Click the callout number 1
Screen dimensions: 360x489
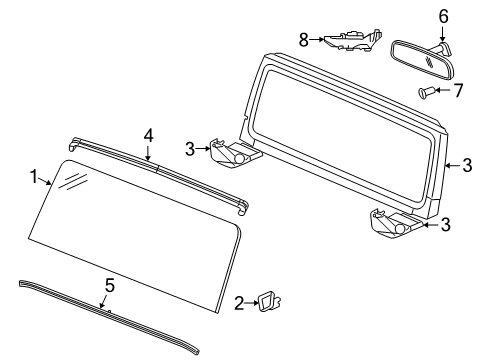pyautogui.click(x=34, y=177)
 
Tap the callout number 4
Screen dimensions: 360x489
pyautogui.click(x=148, y=134)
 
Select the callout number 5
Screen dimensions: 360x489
pyautogui.click(x=109, y=285)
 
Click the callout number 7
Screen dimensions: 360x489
pyautogui.click(x=460, y=91)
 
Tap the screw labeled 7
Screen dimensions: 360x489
pyautogui.click(x=426, y=94)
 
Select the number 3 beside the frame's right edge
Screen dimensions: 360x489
pyautogui.click(x=466, y=166)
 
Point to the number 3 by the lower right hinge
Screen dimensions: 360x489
pyautogui.click(x=445, y=225)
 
